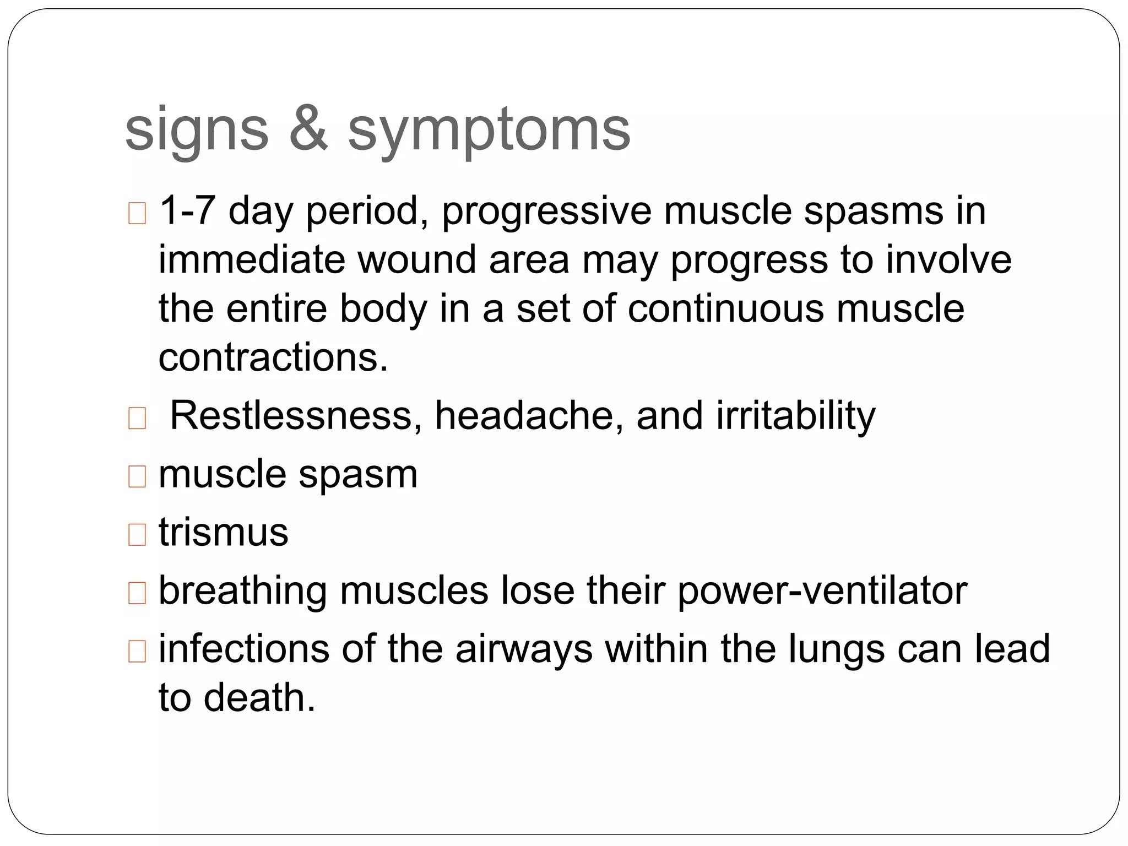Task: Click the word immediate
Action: (x=251, y=259)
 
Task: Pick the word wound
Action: (x=417, y=259)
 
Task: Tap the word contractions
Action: (x=274, y=357)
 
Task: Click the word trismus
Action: (x=223, y=532)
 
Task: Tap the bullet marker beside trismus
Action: (x=137, y=534)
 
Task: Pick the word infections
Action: (x=244, y=649)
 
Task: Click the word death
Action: (x=259, y=698)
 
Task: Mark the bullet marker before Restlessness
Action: (x=137, y=419)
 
